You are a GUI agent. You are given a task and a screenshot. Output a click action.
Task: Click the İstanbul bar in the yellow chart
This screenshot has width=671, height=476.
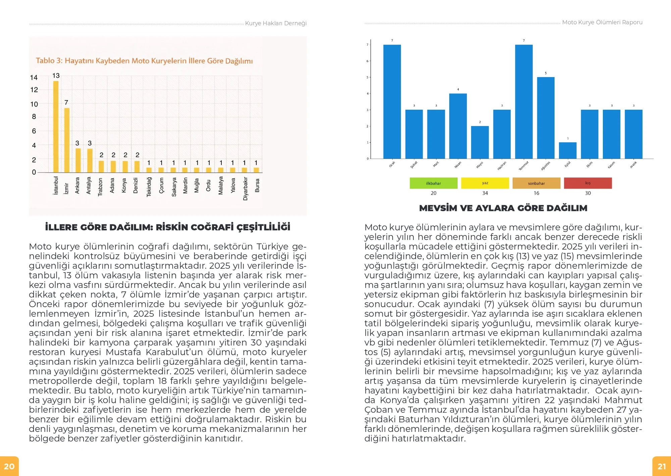(x=56, y=127)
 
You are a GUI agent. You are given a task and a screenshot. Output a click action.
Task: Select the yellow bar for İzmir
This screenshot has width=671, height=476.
(x=67, y=140)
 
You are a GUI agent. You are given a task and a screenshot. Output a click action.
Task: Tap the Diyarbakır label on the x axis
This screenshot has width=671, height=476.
(x=245, y=189)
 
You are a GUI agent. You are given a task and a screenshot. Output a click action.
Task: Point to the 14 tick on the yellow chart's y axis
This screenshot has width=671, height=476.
(x=34, y=77)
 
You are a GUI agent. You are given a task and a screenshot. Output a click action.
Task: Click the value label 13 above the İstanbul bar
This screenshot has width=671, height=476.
(x=56, y=75)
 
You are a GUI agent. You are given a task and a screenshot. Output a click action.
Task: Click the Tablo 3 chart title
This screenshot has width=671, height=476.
(x=144, y=61)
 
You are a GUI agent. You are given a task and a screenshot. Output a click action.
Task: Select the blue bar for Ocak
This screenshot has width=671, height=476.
(x=392, y=102)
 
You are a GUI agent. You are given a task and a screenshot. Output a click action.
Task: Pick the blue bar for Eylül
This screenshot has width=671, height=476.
(x=568, y=151)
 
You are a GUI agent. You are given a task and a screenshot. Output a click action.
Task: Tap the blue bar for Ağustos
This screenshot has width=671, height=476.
(x=546, y=118)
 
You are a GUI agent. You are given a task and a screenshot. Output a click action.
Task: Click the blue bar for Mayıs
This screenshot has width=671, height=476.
(x=480, y=142)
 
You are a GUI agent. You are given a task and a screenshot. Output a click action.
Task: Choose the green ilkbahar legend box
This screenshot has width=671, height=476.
(x=433, y=183)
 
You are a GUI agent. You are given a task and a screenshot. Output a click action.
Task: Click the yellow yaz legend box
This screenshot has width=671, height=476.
(x=485, y=183)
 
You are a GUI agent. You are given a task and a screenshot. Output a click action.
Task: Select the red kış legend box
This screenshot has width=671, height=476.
(x=588, y=183)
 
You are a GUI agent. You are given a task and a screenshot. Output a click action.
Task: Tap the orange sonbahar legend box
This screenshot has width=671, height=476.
(x=536, y=183)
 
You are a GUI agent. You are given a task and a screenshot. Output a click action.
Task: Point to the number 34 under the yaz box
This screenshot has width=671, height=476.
(x=485, y=193)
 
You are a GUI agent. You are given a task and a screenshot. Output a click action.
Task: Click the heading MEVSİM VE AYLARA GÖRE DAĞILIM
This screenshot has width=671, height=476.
(x=503, y=208)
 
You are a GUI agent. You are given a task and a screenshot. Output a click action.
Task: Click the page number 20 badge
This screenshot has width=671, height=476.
(x=9, y=466)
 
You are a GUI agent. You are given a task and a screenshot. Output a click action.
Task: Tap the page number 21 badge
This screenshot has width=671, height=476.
(x=662, y=466)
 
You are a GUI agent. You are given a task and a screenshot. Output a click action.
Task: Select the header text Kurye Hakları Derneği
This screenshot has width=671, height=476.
(x=276, y=23)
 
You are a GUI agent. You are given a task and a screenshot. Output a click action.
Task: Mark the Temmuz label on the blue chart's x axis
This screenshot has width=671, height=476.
(x=524, y=166)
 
